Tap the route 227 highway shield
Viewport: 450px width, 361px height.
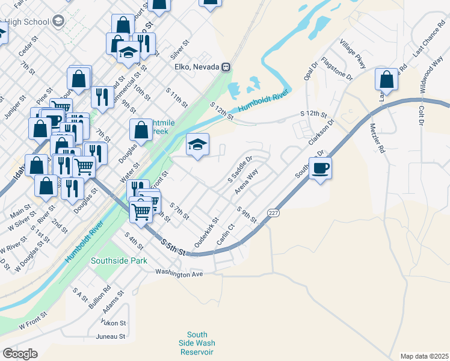click(274, 213)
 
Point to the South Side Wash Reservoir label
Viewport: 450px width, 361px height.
click(197, 344)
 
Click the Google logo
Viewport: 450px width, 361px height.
click(20, 354)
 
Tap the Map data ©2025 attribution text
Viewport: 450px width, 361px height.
click(424, 356)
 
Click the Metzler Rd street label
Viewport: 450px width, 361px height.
click(377, 139)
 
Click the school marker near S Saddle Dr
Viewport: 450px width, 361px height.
click(197, 145)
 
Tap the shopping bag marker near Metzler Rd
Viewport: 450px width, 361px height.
click(386, 80)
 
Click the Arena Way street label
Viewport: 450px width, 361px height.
click(246, 180)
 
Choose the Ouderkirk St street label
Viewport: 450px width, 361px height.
click(205, 233)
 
